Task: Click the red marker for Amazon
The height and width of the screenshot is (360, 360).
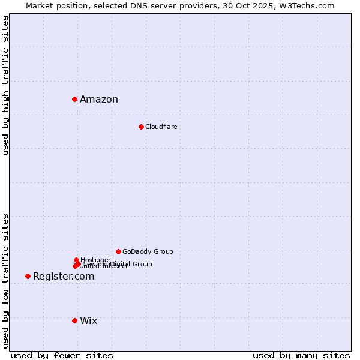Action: coord(74,99)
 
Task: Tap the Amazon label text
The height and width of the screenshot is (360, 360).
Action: coord(99,100)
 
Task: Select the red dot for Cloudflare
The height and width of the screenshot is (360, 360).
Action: coord(141,127)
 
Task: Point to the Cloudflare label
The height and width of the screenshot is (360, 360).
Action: coord(161,127)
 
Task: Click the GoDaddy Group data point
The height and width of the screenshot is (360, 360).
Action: coord(118,251)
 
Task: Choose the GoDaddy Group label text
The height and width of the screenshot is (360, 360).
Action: coord(148,251)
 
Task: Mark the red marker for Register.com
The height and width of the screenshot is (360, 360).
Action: coord(28,276)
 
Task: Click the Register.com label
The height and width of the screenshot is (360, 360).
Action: coord(64,277)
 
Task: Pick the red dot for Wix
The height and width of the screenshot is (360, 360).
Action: coord(74,320)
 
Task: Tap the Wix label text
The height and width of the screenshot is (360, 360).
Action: coord(89,321)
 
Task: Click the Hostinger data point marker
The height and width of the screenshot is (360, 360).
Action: coord(76,260)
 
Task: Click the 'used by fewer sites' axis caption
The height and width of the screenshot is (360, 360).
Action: coord(62,355)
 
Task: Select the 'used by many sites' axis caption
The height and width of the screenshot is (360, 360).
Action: coord(301,355)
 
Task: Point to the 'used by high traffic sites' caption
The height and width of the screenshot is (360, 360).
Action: coord(5,86)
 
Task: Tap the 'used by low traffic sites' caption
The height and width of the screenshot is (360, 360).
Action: coord(5,280)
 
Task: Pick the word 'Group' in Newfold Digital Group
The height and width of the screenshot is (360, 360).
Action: coord(142,264)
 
